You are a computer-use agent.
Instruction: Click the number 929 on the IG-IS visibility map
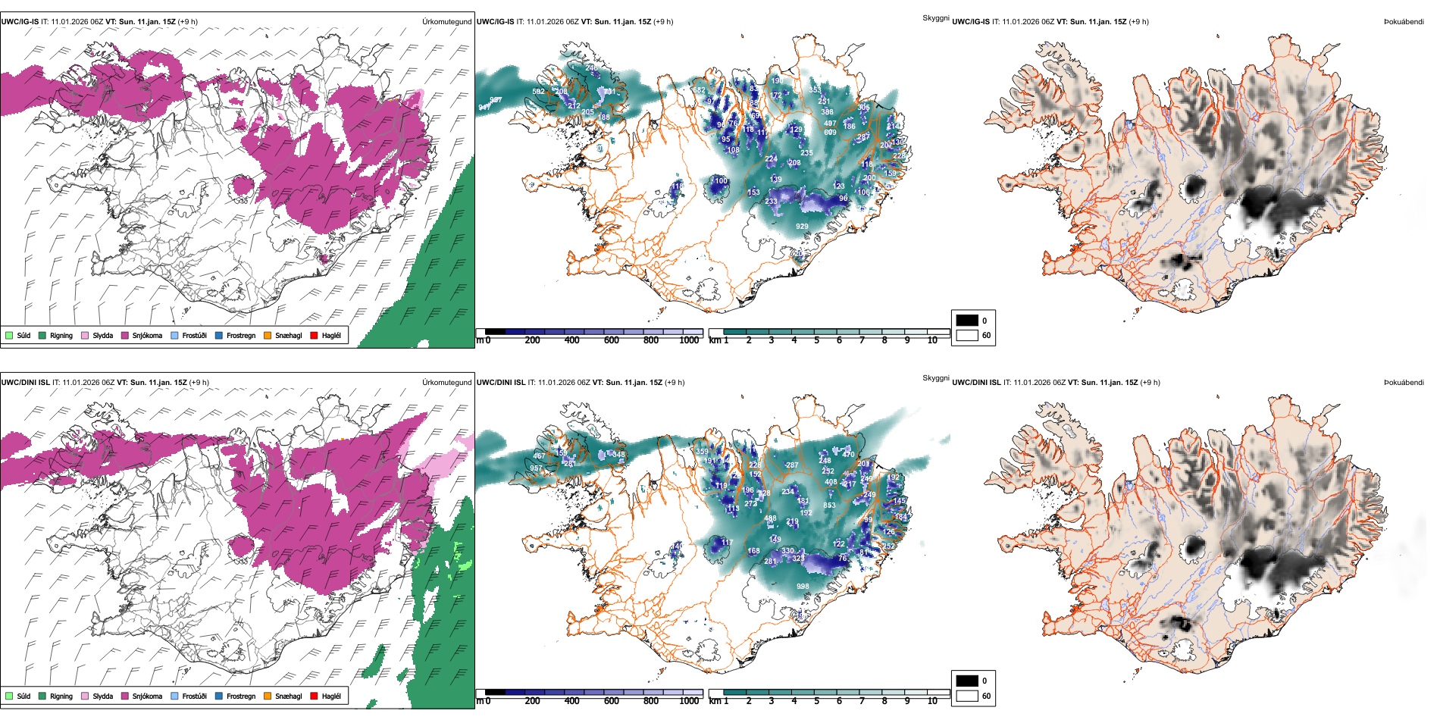coord(802,226)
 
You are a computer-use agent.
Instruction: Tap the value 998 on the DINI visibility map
coord(803,586)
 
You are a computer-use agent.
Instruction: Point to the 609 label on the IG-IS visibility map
coord(830,133)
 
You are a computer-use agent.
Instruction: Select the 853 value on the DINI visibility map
coord(830,506)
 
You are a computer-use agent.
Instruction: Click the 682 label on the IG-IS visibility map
coord(700,90)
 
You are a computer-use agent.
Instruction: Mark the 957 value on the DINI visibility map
coord(536,468)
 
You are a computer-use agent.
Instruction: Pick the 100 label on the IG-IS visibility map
coord(721,181)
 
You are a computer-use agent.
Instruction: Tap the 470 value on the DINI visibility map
coord(848,455)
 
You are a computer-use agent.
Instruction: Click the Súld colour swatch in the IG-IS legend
coord(9,335)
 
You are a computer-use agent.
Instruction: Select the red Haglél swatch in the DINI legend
coord(314,696)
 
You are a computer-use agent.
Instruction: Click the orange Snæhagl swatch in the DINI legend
coord(268,696)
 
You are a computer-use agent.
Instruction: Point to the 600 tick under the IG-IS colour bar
coord(612,340)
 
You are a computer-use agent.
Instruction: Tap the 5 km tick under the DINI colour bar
coord(817,701)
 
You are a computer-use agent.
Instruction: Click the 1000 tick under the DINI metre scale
coord(689,701)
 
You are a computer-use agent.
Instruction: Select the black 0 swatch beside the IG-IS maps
coord(967,321)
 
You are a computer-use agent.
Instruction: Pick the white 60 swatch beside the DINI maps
coord(967,696)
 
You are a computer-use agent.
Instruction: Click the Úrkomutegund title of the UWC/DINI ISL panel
coord(446,383)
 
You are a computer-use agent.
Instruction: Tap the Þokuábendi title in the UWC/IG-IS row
coord(1404,22)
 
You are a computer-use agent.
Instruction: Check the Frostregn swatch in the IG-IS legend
coord(219,335)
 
